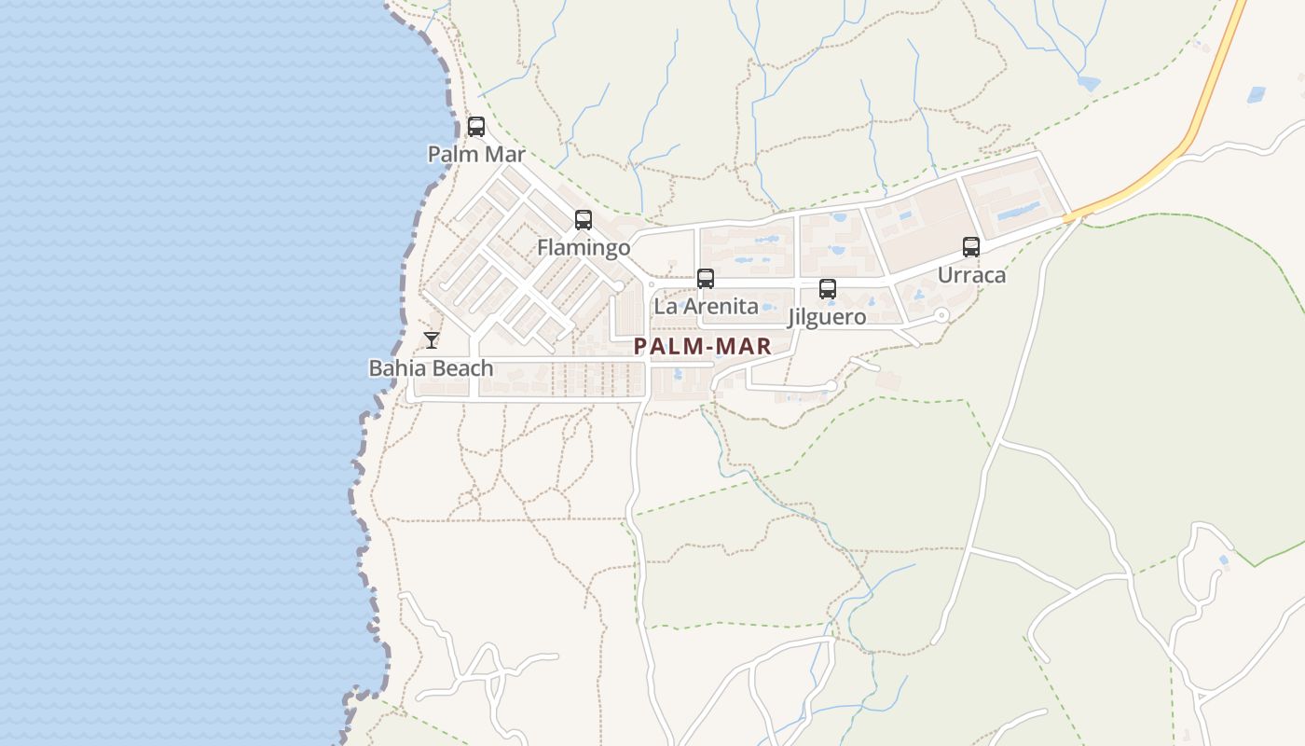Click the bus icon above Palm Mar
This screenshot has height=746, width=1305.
click(476, 127)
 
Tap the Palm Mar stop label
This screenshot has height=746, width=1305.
click(476, 154)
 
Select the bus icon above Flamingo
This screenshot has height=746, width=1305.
click(584, 220)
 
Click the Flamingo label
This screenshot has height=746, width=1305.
click(584, 247)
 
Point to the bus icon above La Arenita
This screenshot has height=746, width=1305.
click(706, 279)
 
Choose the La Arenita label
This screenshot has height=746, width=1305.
click(706, 306)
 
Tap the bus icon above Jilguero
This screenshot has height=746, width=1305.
click(828, 289)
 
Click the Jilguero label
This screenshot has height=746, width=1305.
click(828, 317)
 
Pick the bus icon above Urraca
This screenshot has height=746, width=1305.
click(971, 247)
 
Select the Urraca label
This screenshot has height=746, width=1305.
click(971, 275)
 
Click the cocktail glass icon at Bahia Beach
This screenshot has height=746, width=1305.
click(432, 339)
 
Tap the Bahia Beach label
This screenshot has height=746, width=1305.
click(431, 368)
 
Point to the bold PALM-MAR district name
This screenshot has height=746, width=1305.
click(702, 347)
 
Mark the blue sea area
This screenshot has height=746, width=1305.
click(186, 373)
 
